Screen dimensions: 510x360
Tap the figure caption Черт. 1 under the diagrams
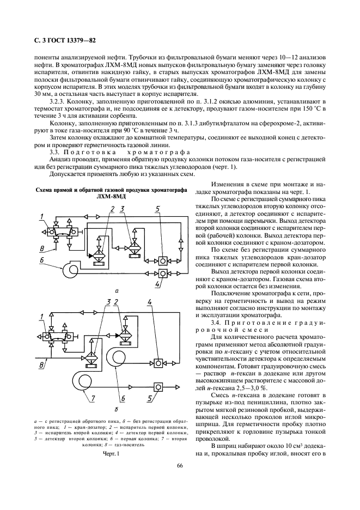point(109,453)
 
